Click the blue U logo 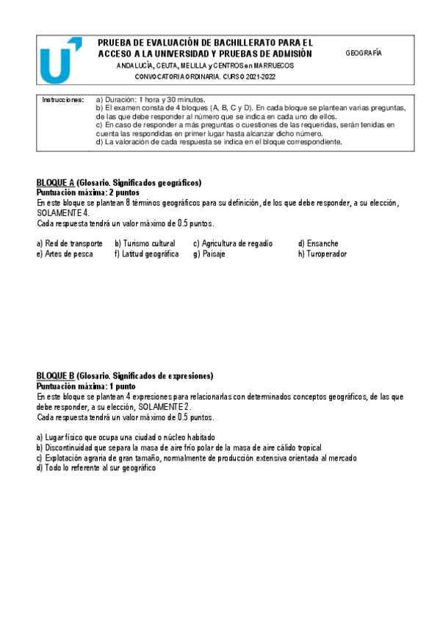coord(59,62)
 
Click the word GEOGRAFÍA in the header coord(364,54)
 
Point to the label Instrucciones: coord(63,98)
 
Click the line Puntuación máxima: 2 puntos coord(86,192)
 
